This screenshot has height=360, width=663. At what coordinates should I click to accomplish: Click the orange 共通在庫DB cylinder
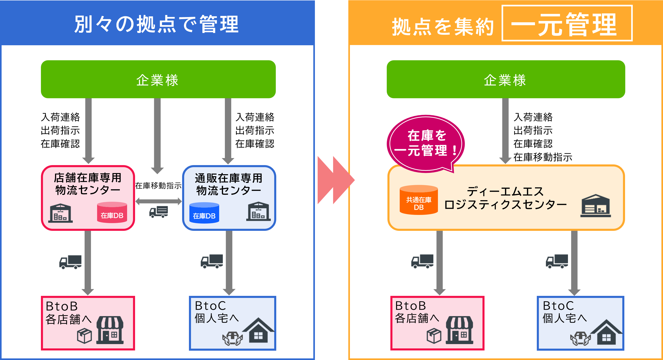(419, 200)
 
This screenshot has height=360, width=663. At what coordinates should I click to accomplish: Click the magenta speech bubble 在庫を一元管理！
(426, 143)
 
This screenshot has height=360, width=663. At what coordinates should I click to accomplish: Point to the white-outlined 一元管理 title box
(567, 23)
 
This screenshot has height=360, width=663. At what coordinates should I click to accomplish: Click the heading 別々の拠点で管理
(157, 24)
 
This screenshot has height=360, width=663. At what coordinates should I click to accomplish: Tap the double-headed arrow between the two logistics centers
(158, 201)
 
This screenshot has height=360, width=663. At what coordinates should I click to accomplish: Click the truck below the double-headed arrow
(158, 212)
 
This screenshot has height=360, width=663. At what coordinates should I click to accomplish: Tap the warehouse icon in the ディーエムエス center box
(595, 206)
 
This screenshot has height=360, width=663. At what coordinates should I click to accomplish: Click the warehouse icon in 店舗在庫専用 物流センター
(60, 213)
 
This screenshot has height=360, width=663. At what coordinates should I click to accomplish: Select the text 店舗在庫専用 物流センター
(88, 184)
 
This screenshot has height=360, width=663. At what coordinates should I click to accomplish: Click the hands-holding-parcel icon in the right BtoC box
(580, 338)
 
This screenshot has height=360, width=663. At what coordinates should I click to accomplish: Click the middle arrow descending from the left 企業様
(157, 135)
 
